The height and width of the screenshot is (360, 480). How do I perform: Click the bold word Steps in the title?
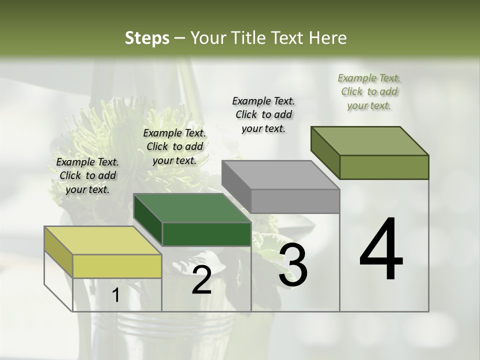[147, 38]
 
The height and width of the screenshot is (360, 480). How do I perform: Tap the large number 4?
[381, 250]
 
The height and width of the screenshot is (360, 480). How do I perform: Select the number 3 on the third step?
[293, 265]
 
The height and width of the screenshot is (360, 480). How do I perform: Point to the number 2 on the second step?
[201, 280]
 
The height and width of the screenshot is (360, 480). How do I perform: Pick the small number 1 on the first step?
[116, 295]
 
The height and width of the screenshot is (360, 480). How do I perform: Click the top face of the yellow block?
[102, 240]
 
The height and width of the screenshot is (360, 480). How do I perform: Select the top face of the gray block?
[280, 175]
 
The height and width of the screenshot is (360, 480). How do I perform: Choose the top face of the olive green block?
[369, 141]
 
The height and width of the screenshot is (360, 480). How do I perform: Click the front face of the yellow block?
[117, 266]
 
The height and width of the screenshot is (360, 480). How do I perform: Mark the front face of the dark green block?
[206, 234]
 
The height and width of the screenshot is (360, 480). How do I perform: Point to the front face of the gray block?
[295, 201]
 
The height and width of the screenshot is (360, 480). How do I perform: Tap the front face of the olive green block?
[384, 167]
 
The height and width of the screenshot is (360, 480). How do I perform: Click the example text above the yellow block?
[87, 175]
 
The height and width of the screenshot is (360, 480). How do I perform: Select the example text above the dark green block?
[174, 146]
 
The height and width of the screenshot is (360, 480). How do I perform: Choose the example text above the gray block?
[263, 114]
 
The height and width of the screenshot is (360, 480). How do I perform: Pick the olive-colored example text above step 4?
[369, 91]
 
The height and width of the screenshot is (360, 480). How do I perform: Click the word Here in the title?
[328, 38]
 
